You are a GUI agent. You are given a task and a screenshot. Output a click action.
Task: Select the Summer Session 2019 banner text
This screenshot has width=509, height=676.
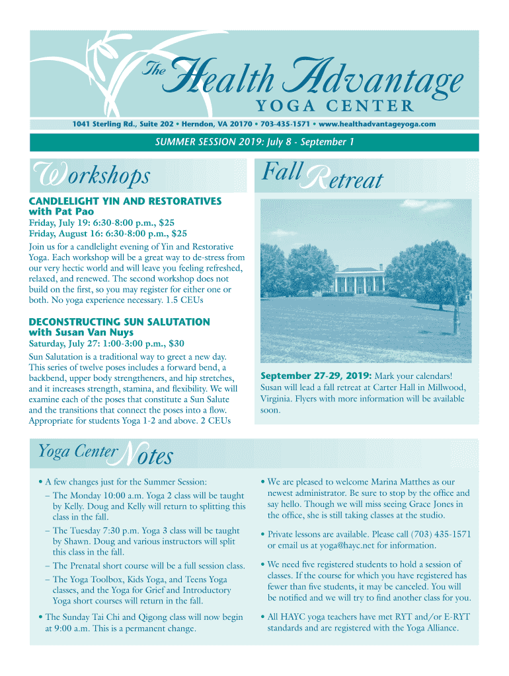click(x=255, y=142)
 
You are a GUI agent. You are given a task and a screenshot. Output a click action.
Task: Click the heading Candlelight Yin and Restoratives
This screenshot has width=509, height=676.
click(x=125, y=201)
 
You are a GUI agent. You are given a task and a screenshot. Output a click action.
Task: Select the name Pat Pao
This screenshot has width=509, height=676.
click(x=74, y=211)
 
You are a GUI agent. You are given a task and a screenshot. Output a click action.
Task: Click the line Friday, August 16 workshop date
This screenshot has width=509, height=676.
click(x=108, y=233)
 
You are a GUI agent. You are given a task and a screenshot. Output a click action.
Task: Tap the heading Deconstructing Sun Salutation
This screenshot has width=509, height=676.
click(x=120, y=321)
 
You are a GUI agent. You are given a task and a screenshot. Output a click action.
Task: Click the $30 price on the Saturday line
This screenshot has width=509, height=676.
click(x=176, y=343)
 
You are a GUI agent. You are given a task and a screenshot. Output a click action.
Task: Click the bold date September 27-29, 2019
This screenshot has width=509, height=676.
click(x=317, y=376)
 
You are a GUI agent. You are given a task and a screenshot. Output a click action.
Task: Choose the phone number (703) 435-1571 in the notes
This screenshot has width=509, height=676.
click(x=441, y=534)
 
